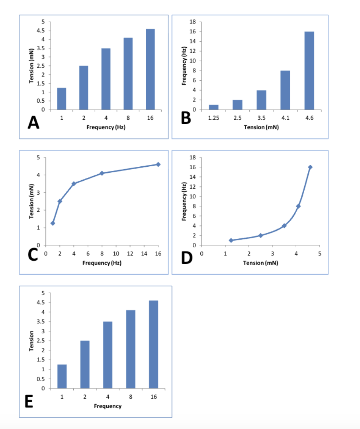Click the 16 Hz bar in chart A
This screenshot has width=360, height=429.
tap(150, 69)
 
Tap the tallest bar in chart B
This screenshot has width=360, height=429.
tap(309, 70)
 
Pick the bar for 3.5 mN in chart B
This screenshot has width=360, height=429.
tap(261, 100)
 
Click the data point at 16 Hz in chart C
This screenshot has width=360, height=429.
tap(158, 164)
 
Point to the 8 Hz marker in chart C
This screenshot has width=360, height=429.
tap(102, 173)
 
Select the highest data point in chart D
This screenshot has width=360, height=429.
tap(310, 167)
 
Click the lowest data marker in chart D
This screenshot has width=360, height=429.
tap(231, 240)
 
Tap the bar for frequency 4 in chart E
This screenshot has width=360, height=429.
tap(108, 355)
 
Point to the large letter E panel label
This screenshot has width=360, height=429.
tap(29, 402)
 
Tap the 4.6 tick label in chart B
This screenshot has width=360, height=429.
tap(309, 118)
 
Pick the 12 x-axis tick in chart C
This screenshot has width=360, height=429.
tap(130, 253)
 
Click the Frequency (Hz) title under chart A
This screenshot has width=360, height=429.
tap(106, 127)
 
